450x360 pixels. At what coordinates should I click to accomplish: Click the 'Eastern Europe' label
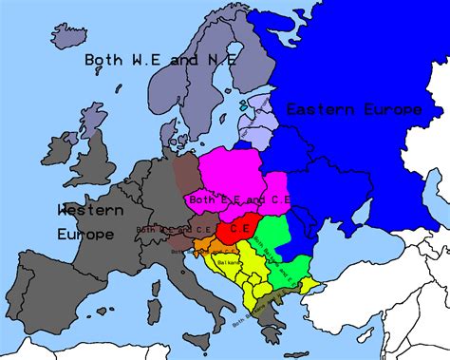coord(354,109)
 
